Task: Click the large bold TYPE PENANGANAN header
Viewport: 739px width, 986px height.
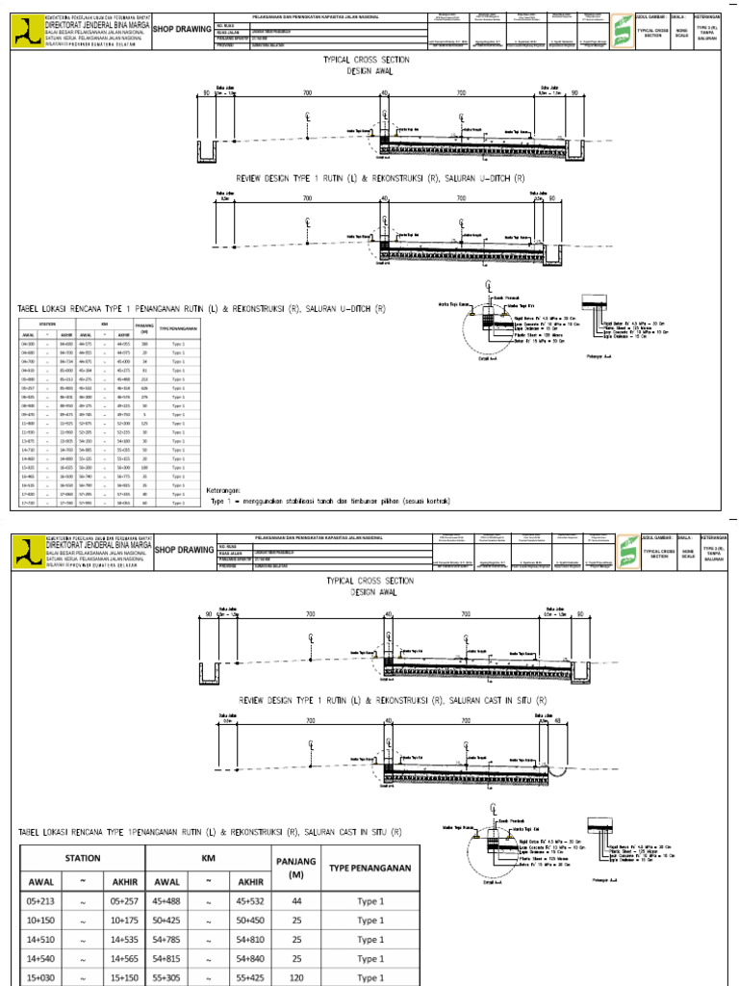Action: click(370, 868)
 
